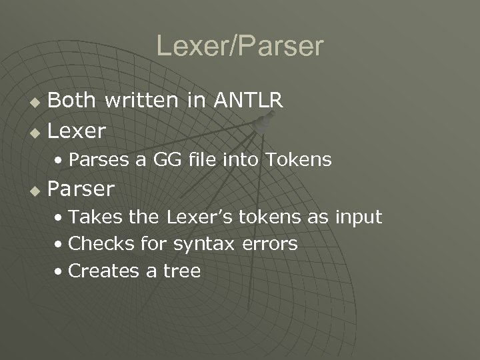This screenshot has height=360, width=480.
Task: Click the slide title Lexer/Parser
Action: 240,46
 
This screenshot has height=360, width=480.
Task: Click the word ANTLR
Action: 249,101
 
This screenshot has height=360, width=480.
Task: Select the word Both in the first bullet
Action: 71,101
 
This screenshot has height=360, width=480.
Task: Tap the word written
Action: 140,101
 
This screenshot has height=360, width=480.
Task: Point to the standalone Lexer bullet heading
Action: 77,131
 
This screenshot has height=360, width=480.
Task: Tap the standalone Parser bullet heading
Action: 81,189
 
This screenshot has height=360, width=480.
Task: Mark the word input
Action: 358,217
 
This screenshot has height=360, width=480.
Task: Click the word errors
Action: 270,245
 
